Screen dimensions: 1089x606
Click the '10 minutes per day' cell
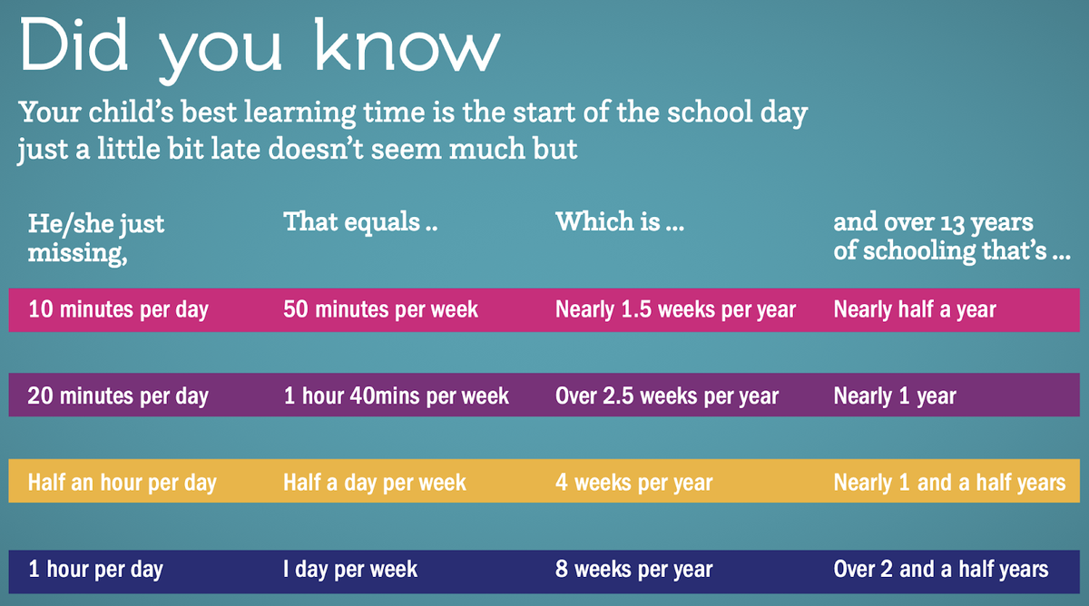tap(118, 310)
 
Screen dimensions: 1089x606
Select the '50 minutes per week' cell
tap(380, 310)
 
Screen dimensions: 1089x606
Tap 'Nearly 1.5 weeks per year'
tap(676, 310)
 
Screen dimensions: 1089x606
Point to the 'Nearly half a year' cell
tap(915, 310)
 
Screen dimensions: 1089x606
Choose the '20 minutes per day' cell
tap(118, 396)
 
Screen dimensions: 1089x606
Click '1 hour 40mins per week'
tap(397, 396)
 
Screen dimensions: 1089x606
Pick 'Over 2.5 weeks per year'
tap(667, 396)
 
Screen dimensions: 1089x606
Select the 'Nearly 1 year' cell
tap(895, 396)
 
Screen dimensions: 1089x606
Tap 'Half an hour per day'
tap(122, 483)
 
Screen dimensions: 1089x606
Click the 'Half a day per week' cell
tap(374, 483)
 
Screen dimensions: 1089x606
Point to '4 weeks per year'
tap(634, 483)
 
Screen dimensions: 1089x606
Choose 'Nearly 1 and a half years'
tap(949, 483)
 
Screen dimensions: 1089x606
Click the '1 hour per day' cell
tap(95, 570)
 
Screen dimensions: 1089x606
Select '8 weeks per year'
tap(634, 570)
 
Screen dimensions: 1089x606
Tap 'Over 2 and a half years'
tap(941, 570)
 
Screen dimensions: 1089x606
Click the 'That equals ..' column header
tap(360, 222)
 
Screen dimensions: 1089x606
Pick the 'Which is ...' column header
tap(620, 221)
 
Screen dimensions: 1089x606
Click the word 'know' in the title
tap(407, 44)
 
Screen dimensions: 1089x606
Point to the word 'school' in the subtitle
tap(710, 112)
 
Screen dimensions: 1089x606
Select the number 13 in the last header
tap(952, 223)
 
